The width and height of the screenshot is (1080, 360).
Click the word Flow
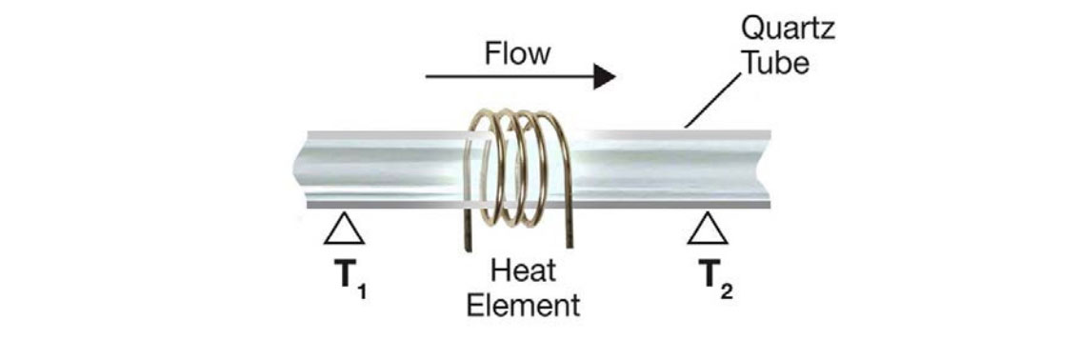[x=517, y=53]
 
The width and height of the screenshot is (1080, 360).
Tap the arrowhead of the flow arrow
[x=605, y=76]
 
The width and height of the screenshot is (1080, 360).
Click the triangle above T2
[x=704, y=230]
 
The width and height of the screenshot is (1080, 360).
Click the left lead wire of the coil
[x=469, y=229]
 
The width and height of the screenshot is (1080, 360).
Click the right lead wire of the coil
[x=568, y=229]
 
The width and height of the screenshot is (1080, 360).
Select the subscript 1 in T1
[x=361, y=290]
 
